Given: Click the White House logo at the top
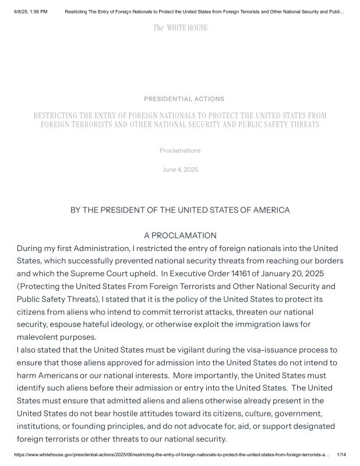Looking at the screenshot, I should coord(180,28).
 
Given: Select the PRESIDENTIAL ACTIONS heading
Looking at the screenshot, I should coord(183,99).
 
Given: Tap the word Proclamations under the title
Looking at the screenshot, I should coord(180,150).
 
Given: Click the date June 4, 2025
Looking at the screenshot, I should coord(180,170).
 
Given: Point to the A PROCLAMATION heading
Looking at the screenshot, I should coord(180,235).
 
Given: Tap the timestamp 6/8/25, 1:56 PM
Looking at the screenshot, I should coord(30,11).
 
